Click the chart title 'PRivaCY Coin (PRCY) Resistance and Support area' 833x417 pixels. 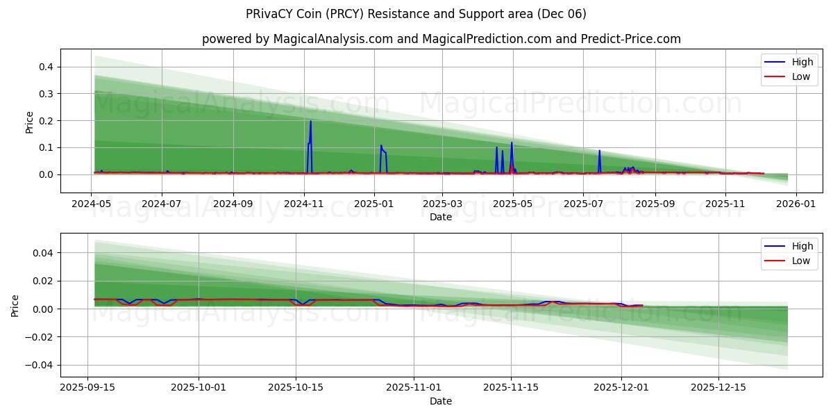(x=416, y=14)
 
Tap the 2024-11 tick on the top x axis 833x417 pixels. (x=303, y=204)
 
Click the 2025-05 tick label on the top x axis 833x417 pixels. (x=513, y=204)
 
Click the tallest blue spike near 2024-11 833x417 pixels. (x=310, y=122)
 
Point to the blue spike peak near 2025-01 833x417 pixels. (x=380, y=146)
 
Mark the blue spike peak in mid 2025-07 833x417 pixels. (x=599, y=151)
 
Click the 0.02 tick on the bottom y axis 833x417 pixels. (x=43, y=281)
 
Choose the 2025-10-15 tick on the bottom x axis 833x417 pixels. (x=296, y=388)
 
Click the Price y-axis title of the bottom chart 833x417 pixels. (x=15, y=305)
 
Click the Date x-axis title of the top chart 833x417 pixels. (x=441, y=217)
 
